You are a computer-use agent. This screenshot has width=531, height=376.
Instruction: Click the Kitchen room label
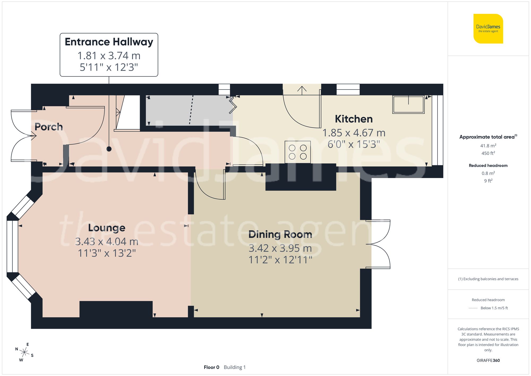coord(354,119)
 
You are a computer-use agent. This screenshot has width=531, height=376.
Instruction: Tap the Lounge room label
coord(107,228)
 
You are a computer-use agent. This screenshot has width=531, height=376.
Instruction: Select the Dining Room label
coord(280,234)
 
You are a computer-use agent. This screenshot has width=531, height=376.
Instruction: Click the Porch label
coord(49,127)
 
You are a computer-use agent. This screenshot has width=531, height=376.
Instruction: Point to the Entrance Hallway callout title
coord(109,42)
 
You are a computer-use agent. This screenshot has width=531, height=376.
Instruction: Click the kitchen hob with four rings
coord(298,152)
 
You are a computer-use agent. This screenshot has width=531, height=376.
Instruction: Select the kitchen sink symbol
coord(408,104)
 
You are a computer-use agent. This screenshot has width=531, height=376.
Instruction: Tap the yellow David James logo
coord(488,29)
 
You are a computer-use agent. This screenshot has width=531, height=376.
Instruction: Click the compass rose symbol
coord(24,352)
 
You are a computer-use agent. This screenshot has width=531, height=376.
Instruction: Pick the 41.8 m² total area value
coord(488,146)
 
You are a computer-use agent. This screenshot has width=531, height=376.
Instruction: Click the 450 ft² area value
coord(488,153)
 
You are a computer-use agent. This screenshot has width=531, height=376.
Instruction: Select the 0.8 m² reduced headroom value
coord(488,173)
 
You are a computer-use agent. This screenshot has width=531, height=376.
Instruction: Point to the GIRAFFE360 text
coord(488,361)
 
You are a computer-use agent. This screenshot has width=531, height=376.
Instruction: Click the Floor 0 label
coord(211,367)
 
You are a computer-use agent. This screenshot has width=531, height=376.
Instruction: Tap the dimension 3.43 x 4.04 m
coord(107,242)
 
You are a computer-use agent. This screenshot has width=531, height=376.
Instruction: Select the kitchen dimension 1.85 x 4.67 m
coord(354,133)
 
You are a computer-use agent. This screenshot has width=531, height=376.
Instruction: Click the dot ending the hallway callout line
coord(109,149)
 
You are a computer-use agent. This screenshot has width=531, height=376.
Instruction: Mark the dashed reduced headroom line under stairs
coord(191,110)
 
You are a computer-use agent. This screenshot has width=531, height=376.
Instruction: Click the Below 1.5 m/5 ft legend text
coord(494,308)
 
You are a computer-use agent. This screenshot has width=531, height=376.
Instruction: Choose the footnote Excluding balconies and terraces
coord(488,279)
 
